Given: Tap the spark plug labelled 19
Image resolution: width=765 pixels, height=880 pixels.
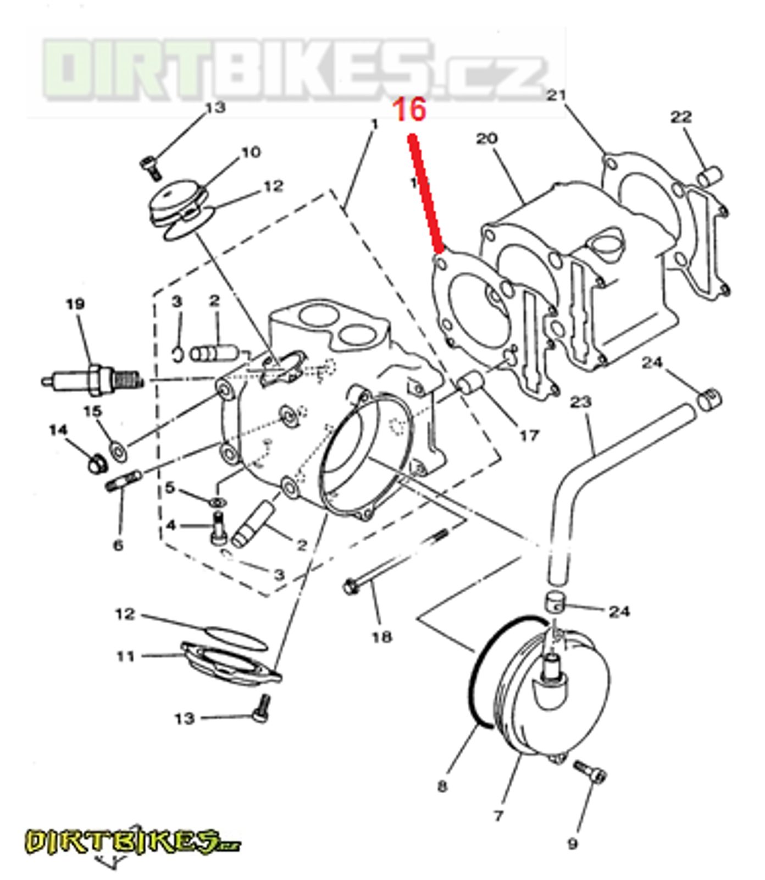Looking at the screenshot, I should pos(93,380).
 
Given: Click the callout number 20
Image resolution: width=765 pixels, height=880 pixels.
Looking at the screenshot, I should pos(486,138).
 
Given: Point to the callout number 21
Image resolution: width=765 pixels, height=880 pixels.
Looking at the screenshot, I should pos(556,95).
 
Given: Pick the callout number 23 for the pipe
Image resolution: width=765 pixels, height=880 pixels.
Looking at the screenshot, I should pos(580,403).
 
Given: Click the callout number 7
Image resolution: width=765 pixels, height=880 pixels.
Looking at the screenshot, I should pos(498,815).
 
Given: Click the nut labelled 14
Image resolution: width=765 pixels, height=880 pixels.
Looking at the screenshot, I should pos(97,466).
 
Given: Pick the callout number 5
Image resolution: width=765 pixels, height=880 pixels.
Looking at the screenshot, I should pos(169,487).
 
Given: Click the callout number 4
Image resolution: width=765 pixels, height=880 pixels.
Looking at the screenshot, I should pos(171,525).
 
